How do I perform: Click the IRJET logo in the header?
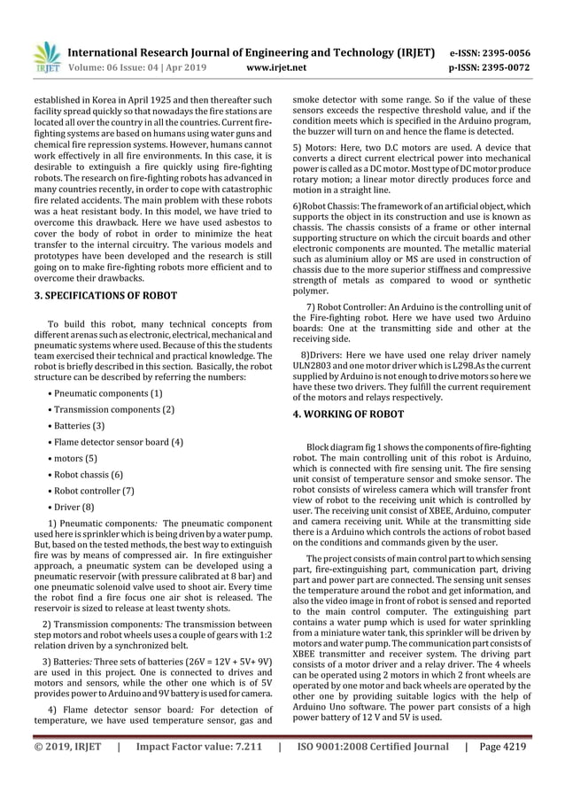pos(46,58)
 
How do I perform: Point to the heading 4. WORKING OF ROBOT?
pos(348,414)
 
